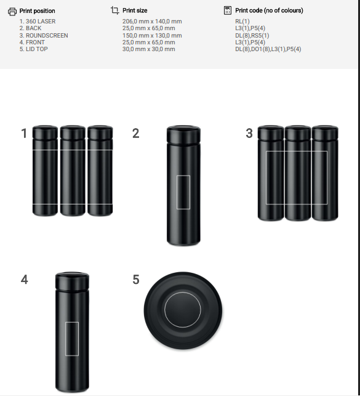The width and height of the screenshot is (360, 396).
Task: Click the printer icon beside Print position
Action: pyautogui.click(x=12, y=12)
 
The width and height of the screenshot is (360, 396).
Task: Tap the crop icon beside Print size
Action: pyautogui.click(x=115, y=10)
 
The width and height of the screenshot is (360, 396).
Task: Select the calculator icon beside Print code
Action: pyautogui.click(x=228, y=10)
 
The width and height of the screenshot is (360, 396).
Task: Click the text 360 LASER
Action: pyautogui.click(x=41, y=22)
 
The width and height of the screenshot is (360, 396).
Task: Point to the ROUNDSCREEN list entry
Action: pyautogui.click(x=47, y=36)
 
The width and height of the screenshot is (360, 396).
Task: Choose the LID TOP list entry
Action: pyautogui.click(x=37, y=49)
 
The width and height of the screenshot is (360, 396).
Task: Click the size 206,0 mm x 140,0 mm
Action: pyautogui.click(x=152, y=22)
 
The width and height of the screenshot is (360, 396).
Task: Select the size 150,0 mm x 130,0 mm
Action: pyautogui.click(x=152, y=36)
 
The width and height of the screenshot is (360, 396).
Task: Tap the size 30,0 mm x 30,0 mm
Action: pyautogui.click(x=149, y=49)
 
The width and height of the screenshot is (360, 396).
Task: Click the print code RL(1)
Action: pyautogui.click(x=242, y=22)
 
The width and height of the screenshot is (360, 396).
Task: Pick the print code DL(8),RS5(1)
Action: pyautogui.click(x=252, y=36)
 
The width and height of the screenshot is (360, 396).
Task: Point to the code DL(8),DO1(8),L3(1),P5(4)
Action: pyautogui.click(x=268, y=49)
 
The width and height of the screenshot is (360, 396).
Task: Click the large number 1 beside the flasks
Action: pyautogui.click(x=24, y=134)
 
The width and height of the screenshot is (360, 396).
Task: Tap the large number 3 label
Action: pyautogui.click(x=249, y=134)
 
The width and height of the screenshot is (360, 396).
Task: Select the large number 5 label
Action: pyautogui.click(x=136, y=280)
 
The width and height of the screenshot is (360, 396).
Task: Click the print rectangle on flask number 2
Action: pyautogui.click(x=177, y=192)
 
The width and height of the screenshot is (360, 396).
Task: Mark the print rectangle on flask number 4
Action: pyautogui.click(x=65, y=339)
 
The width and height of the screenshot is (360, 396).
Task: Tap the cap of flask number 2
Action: pyautogui.click(x=183, y=135)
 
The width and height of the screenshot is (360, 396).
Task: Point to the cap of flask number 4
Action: pyautogui.click(x=72, y=281)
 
